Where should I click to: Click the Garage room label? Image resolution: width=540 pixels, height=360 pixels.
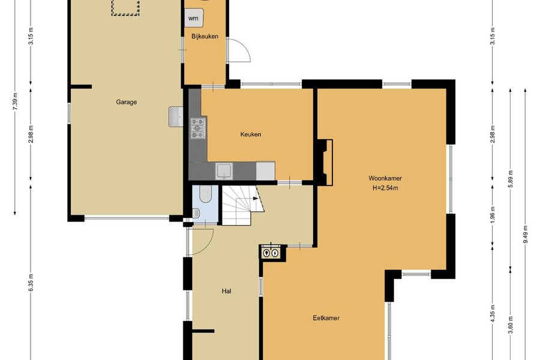pos(127,102)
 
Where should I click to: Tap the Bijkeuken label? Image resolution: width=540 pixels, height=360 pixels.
pos(205,36)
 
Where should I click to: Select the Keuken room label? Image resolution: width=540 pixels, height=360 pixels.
pos(250,134)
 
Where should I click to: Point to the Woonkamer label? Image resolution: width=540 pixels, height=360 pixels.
pos(385,178)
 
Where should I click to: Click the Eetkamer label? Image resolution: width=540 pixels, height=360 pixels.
pos(326,318)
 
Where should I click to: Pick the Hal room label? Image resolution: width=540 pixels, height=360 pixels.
pos(226,291)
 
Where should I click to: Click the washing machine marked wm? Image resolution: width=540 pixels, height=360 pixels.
pos(194,18)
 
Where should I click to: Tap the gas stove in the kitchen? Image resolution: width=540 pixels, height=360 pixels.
pos(198,128)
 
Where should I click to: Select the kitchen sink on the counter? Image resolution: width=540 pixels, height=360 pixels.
pos(224,171)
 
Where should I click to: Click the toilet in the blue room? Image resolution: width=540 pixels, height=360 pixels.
pos(196,213)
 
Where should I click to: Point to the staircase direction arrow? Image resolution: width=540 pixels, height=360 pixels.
pos(256,199)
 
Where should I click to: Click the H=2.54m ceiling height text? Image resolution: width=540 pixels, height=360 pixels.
pos(385,188)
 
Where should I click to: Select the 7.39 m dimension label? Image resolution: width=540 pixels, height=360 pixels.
pos(15,102)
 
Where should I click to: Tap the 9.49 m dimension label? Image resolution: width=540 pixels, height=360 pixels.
pos(525,235)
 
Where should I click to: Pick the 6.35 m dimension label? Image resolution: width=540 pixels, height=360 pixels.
pos(31,283)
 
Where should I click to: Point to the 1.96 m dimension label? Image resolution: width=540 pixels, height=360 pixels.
pos(493,215)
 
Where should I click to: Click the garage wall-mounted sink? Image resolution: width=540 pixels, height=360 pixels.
pos(176,116)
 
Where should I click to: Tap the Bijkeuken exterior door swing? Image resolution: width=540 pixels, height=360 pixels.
pos(239,50)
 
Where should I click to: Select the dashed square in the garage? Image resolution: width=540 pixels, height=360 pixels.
pos(125,8)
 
